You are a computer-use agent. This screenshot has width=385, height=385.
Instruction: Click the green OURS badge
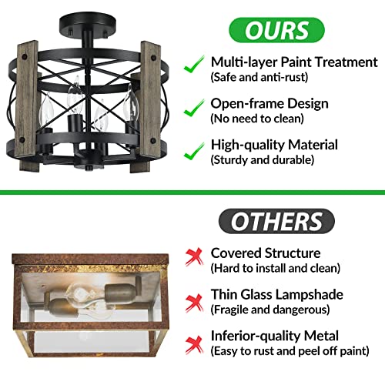(x=276, y=30)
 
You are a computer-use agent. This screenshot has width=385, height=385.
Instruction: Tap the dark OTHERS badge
(x=276, y=221)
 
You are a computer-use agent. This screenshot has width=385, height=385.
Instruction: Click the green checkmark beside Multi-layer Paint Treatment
(x=194, y=64)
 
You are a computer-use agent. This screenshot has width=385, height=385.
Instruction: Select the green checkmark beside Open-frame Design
(x=194, y=108)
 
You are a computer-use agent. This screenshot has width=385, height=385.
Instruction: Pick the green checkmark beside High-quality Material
(x=194, y=151)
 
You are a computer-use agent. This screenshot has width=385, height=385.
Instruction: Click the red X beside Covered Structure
(x=194, y=256)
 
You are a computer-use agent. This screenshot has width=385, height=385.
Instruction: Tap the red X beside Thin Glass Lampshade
(x=194, y=303)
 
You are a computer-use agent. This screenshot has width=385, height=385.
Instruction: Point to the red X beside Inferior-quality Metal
(x=194, y=345)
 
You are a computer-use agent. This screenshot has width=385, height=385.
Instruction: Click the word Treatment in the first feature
(x=346, y=62)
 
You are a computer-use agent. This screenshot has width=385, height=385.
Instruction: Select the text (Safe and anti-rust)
(x=259, y=77)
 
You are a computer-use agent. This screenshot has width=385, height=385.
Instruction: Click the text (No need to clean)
(x=257, y=119)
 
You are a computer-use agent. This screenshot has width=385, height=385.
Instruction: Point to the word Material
(x=313, y=145)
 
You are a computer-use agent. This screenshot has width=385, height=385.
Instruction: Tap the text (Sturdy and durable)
(x=263, y=160)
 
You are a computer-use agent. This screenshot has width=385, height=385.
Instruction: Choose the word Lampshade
(x=308, y=295)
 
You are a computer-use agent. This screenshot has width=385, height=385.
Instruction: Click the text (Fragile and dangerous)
(x=270, y=310)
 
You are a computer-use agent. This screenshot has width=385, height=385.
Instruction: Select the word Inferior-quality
(x=256, y=336)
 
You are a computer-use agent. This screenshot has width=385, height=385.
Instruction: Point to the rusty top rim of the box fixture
(x=90, y=259)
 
